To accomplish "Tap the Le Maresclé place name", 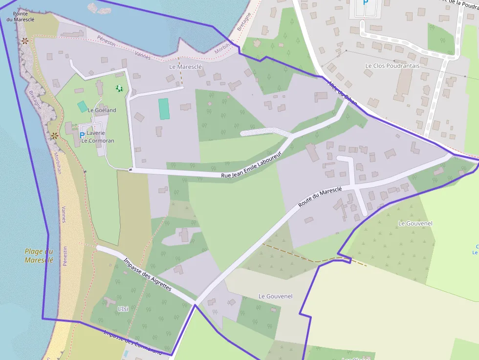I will (185, 66).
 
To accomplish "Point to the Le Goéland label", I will (102, 110).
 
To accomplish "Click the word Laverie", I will (96, 133).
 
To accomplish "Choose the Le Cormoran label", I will (98, 141).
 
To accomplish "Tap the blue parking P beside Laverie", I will (82, 135).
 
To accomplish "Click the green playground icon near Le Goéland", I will (118, 88).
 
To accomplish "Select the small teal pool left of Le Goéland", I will (82, 106).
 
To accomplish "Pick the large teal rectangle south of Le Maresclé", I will (164, 108).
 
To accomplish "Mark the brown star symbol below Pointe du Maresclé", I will (24, 41).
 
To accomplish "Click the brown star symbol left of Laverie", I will (55, 135).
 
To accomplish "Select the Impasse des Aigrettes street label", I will (147, 274).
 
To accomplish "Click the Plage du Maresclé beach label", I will (39, 255).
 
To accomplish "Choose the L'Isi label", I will (123, 309).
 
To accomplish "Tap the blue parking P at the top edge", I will (365, 3).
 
